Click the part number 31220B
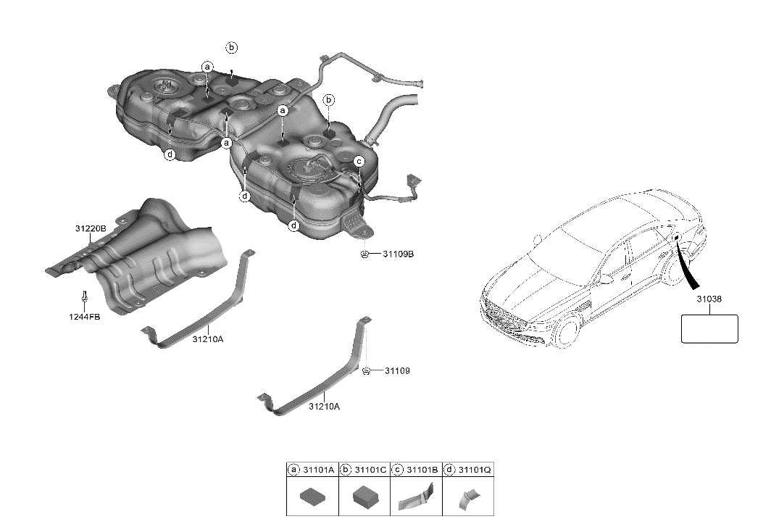91,228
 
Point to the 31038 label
709,299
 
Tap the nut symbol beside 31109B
366,254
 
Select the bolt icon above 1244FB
85,297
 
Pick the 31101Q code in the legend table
477,470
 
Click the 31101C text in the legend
370,470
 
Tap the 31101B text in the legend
423,470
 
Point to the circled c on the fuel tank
359,160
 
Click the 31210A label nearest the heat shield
208,339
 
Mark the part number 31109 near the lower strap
397,371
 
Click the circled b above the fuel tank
232,48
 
